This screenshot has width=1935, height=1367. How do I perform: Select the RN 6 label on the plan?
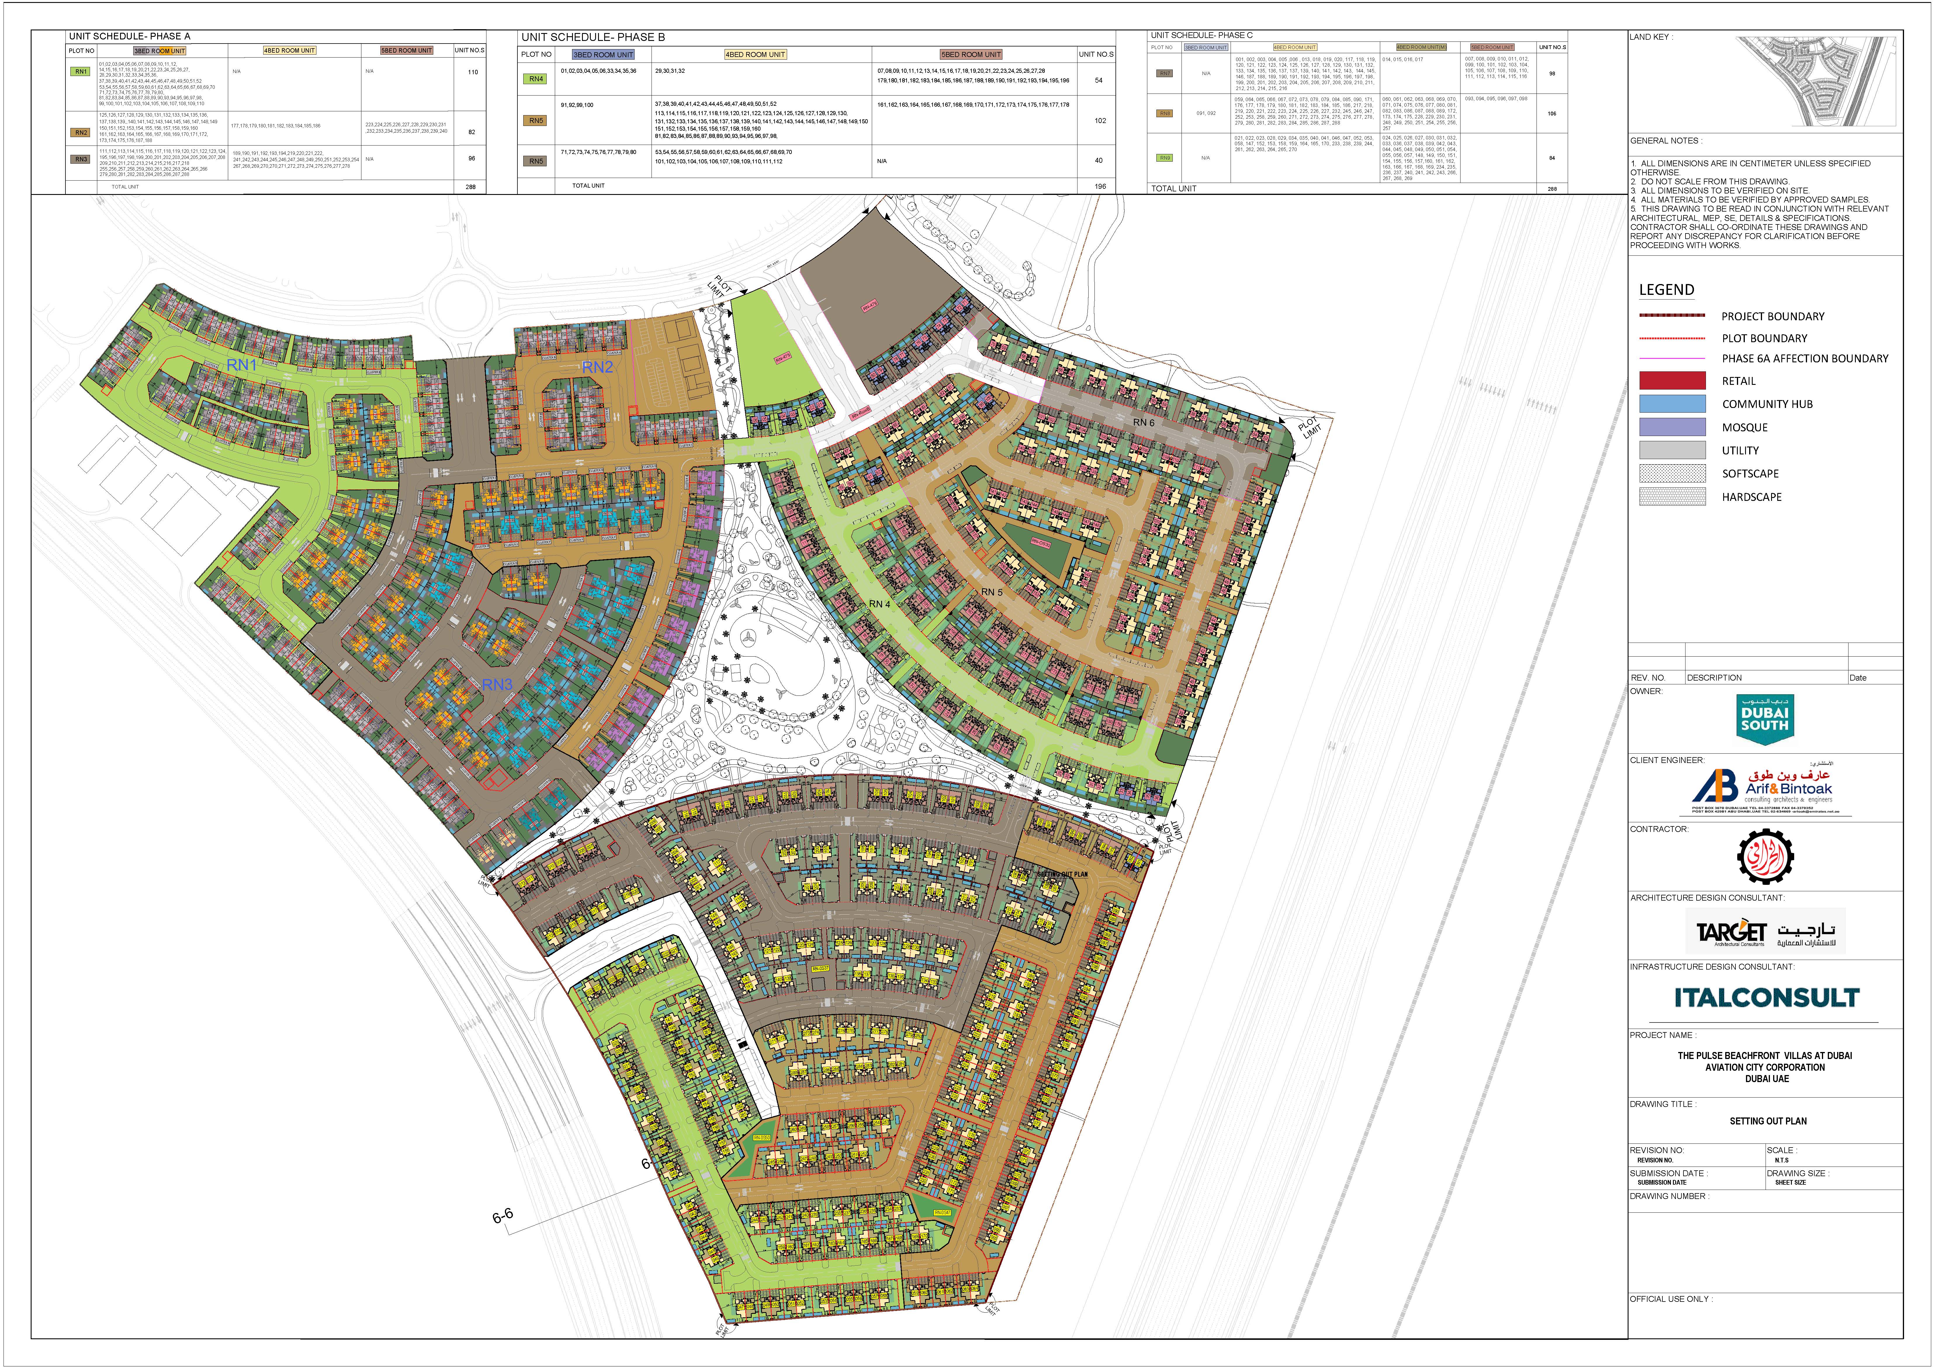pos(1144,422)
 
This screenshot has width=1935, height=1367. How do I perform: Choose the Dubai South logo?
pos(1765,719)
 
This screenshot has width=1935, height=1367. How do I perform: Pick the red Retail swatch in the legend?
pos(1672,381)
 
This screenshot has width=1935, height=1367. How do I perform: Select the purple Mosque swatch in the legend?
pos(1672,427)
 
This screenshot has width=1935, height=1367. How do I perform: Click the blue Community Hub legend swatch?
pos(1672,404)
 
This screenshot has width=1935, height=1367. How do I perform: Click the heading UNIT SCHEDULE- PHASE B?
pos(593,37)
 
